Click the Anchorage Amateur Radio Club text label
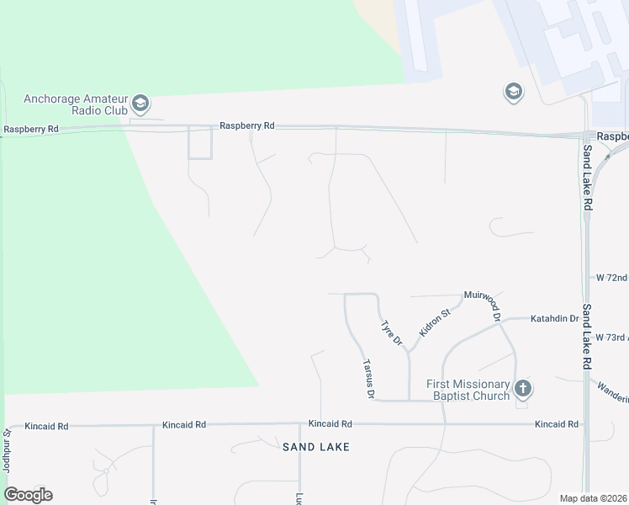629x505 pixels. pos(75,104)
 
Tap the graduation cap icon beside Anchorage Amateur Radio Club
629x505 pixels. pos(140,104)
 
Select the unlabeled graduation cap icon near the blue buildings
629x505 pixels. pos(514,92)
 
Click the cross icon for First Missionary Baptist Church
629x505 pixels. pos(523,389)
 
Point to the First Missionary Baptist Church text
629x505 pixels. pos(468,390)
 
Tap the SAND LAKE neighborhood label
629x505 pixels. pos(315,446)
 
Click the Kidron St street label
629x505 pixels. pos(435,323)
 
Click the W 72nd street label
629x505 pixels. pos(611,277)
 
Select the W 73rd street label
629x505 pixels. pos(611,337)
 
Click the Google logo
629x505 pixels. pos(28,495)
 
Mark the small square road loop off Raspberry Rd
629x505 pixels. pos(200,142)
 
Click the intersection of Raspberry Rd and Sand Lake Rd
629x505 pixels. pos(586,136)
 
